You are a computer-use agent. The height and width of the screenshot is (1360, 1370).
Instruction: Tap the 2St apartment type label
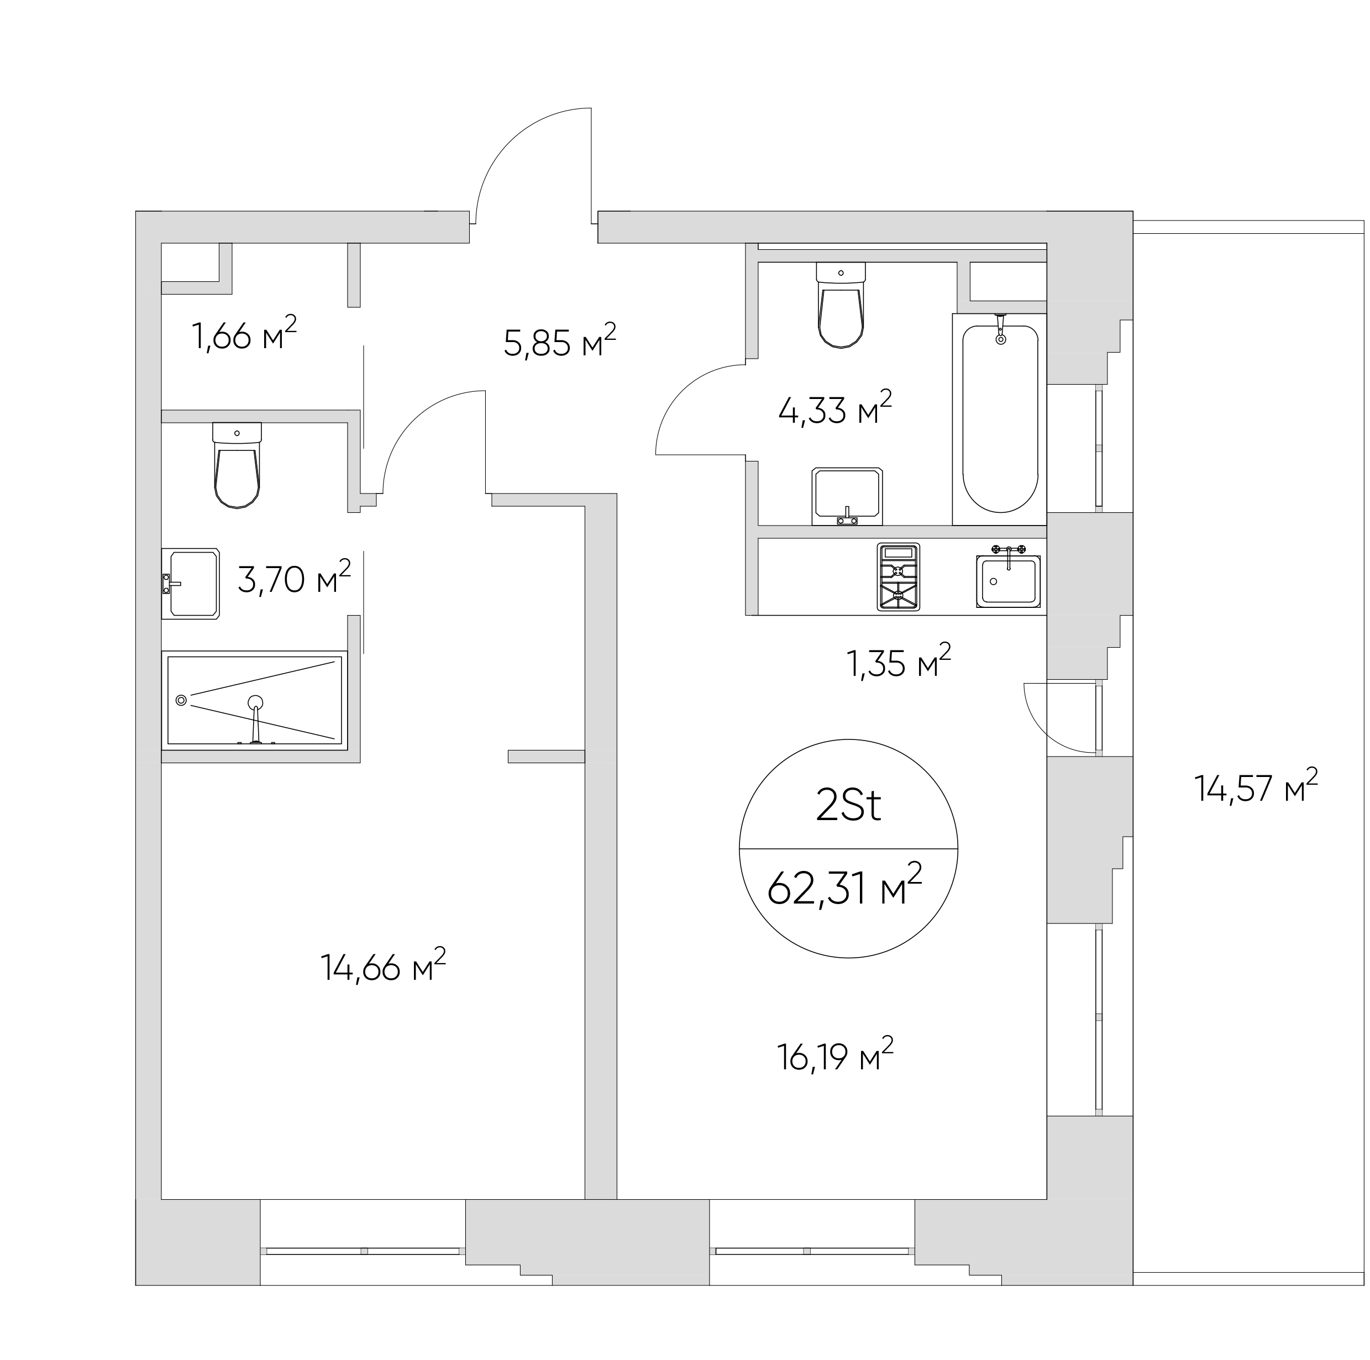click(x=848, y=806)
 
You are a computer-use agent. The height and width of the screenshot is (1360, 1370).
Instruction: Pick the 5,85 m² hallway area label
click(x=559, y=341)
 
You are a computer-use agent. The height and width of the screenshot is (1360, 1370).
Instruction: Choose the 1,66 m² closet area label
click(x=244, y=334)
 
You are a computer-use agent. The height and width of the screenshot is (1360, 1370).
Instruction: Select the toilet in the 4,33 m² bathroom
click(x=841, y=305)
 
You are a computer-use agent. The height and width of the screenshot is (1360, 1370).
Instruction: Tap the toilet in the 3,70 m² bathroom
click(x=237, y=465)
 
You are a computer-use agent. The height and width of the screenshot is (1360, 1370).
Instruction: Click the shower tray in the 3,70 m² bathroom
click(x=255, y=700)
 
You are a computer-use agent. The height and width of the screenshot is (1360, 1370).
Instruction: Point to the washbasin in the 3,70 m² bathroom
click(x=190, y=584)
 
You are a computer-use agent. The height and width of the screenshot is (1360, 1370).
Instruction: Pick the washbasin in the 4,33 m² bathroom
click(x=847, y=496)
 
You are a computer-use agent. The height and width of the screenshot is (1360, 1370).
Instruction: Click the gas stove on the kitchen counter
click(x=899, y=576)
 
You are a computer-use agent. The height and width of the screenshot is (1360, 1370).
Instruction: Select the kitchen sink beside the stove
click(x=1009, y=577)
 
